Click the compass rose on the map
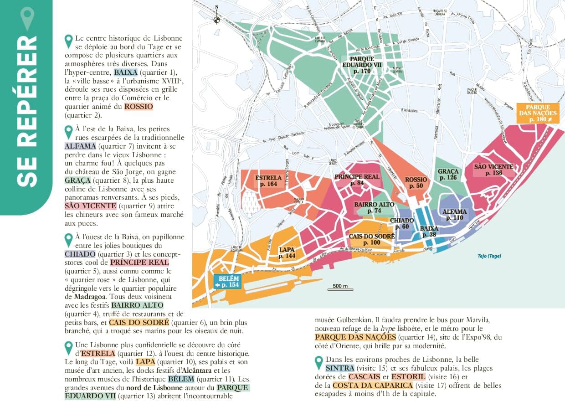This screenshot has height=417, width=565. coord(217,19)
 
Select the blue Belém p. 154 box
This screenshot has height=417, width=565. coord(226,282)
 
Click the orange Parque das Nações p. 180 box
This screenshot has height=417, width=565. coord(538,113)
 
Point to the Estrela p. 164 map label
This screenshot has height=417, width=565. coord(268,181)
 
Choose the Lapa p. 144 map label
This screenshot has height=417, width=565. coord(287,253)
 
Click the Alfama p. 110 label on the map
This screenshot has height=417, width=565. coord(454,215)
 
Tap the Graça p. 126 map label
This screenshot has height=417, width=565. coord(448,175)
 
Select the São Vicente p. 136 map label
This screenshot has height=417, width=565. coord(493,170)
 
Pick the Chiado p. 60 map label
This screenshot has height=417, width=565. coord(402,224)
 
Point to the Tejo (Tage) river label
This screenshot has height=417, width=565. coord(489,256)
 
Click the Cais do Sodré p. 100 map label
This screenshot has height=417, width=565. coord(371,239)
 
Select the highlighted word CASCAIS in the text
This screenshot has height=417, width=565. coord(365,377)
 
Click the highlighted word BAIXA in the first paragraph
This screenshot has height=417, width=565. coord(125,72)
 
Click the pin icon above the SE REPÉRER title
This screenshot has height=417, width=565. coord(27,18)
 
